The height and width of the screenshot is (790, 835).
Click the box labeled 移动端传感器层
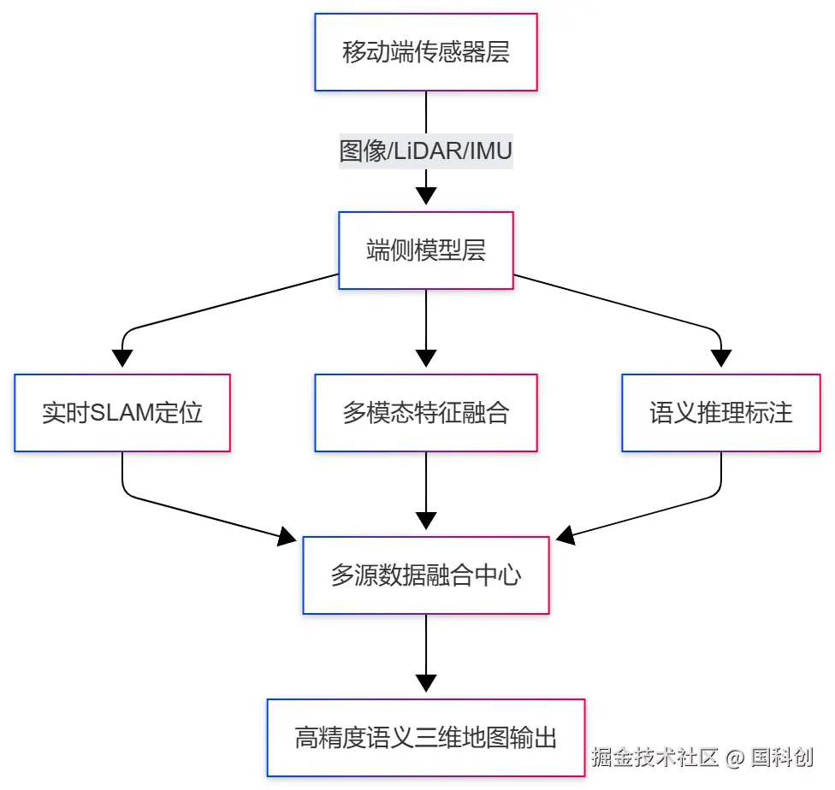(x=426, y=52)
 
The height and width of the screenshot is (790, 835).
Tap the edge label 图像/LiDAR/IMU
(x=426, y=152)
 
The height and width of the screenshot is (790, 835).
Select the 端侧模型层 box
(x=426, y=251)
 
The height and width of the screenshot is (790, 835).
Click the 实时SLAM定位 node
(x=122, y=413)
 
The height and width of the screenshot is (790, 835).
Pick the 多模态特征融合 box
(x=426, y=413)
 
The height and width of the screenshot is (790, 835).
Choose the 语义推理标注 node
(x=721, y=413)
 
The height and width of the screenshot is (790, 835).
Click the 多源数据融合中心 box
(x=426, y=575)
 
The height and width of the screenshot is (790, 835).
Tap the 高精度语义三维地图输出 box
(x=426, y=737)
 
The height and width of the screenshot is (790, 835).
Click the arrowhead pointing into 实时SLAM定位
(x=122, y=358)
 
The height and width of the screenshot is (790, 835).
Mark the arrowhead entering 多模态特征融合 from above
(x=426, y=358)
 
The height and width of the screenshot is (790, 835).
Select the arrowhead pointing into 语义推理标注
(x=721, y=358)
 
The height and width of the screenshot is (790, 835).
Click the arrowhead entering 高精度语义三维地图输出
(x=426, y=683)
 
